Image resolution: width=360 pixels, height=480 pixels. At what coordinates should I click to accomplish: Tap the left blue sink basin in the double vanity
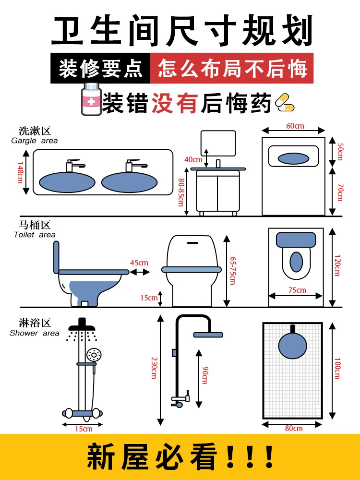[67, 182]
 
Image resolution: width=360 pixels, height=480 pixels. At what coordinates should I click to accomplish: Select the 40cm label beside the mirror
[193, 159]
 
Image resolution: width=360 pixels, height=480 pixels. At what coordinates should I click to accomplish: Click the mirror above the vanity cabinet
[218, 143]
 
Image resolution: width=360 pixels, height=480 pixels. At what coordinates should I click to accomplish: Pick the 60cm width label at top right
[295, 126]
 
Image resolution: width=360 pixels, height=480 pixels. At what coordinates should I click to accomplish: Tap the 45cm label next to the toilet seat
[139, 263]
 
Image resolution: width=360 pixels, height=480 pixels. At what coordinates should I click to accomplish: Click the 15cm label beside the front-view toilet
[149, 298]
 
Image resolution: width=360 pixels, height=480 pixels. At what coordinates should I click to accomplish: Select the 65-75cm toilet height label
[233, 270]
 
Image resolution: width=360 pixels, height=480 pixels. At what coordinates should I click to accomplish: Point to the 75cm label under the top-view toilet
[297, 290]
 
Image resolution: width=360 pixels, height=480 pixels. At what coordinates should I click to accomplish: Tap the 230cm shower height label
[154, 367]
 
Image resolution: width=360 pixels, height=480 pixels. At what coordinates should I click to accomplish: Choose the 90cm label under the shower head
[204, 374]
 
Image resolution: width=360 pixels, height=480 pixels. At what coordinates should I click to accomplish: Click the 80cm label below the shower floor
[294, 428]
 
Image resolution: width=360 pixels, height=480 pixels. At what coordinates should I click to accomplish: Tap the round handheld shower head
[94, 355]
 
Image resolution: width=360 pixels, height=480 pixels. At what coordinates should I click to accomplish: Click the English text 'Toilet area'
[35, 235]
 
